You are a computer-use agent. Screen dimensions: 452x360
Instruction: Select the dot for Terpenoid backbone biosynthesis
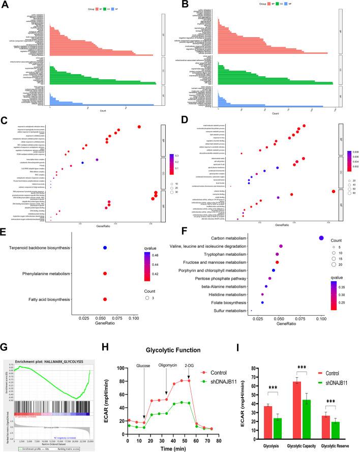(104, 248)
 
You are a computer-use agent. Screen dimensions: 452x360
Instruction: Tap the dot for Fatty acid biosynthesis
(104, 299)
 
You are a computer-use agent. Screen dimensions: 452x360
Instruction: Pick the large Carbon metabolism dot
(321, 237)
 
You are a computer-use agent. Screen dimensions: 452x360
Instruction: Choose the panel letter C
(6, 120)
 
